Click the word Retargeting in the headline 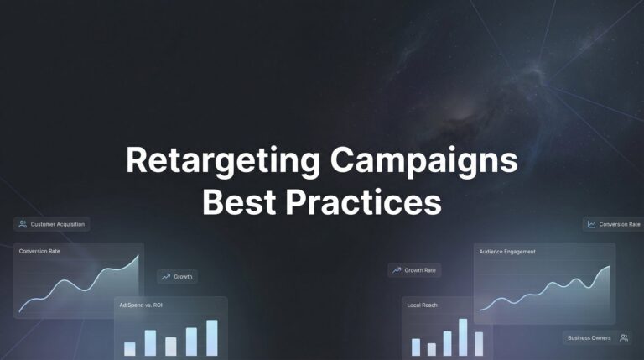pyautogui.click(x=223, y=161)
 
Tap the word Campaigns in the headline pyautogui.click(x=423, y=161)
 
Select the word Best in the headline pyautogui.click(x=239, y=201)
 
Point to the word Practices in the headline pyautogui.click(x=363, y=201)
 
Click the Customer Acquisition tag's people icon pyautogui.click(x=23, y=224)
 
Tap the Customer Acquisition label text pyautogui.click(x=58, y=224)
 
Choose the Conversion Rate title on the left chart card pyautogui.click(x=39, y=251)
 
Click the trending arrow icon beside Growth pyautogui.click(x=165, y=277)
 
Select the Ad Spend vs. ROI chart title pyautogui.click(x=141, y=305)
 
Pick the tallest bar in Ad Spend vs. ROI pyautogui.click(x=212, y=338)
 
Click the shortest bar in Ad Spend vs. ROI pyautogui.click(x=130, y=349)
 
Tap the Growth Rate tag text pyautogui.click(x=420, y=270)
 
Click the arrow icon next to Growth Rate pyautogui.click(x=397, y=270)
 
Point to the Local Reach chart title pyautogui.click(x=423, y=305)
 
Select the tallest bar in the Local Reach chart pyautogui.click(x=463, y=337)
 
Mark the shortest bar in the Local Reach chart pyautogui.click(x=432, y=350)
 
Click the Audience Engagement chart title pyautogui.click(x=507, y=252)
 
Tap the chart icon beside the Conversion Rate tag pyautogui.click(x=591, y=224)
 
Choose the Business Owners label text pyautogui.click(x=589, y=338)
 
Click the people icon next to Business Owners pyautogui.click(x=624, y=338)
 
